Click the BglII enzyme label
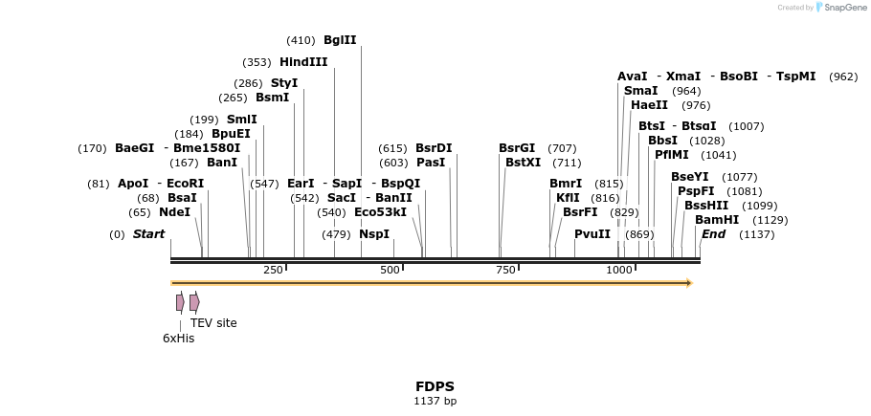point(340,40)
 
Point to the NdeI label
point(174,212)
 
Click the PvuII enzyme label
point(592,234)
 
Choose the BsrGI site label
point(517,148)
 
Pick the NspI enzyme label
point(374,234)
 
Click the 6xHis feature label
point(178,338)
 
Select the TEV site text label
point(213,323)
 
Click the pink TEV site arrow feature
point(194,302)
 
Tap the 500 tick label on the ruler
point(390,270)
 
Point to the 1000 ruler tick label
point(619,270)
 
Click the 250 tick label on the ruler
point(273,270)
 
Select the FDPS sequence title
point(435,386)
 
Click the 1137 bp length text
point(435,402)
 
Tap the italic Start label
point(148,234)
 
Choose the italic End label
point(713,234)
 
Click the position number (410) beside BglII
point(301,40)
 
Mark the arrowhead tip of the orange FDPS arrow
point(690,283)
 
